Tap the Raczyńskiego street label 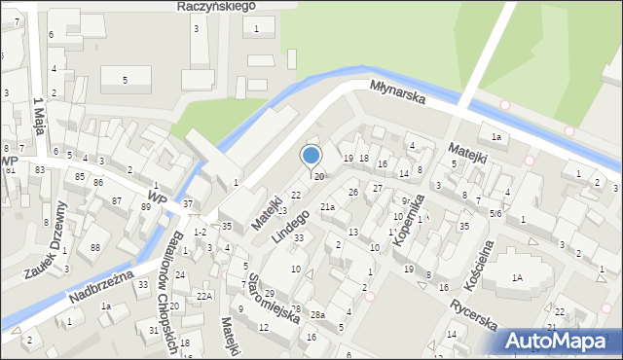(216, 6)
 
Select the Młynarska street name (398, 93)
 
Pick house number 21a (328, 207)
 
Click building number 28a (317, 314)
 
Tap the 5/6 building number (495, 213)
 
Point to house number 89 (145, 206)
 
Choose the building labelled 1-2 (200, 232)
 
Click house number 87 (117, 200)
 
